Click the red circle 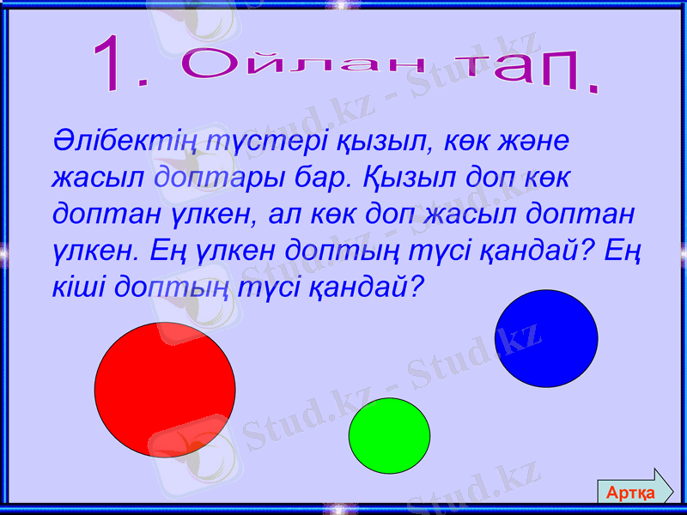coord(164,388)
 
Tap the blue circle coord(546,338)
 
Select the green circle coord(389,435)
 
